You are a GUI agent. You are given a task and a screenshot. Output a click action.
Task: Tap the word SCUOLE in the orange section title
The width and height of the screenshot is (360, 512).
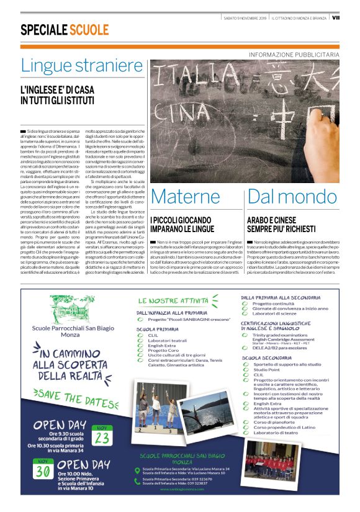click(89, 30)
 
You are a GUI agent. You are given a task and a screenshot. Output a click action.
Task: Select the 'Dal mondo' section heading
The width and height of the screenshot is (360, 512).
click(287, 196)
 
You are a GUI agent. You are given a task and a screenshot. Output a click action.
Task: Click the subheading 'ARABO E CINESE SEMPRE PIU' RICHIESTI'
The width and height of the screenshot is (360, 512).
click(282, 224)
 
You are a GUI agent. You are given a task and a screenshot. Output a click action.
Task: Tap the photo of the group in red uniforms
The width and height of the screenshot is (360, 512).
click(271, 462)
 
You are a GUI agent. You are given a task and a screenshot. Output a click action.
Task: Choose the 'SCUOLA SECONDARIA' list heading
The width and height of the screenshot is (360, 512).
click(268, 358)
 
